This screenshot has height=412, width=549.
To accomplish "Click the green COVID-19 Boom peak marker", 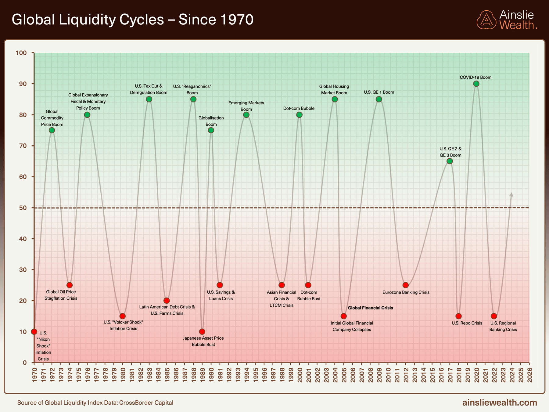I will click(x=476, y=84).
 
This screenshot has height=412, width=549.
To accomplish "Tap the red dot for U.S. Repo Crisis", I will click(x=458, y=316).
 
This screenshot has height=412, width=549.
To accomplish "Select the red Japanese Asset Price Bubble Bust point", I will click(x=202, y=332).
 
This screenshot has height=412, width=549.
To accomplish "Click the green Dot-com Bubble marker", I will click(x=299, y=115).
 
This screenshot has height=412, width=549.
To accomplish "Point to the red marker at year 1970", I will click(x=34, y=332).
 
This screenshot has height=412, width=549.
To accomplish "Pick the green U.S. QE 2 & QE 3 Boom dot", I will click(x=450, y=161).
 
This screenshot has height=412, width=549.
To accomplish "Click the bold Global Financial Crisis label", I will click(x=370, y=308).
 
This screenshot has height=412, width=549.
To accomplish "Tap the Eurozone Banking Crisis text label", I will click(x=406, y=292).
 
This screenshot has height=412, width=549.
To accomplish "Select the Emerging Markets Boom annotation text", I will click(x=246, y=106).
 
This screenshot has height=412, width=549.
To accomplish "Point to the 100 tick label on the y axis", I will click(x=21, y=53).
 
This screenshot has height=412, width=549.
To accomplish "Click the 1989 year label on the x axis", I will click(x=202, y=375).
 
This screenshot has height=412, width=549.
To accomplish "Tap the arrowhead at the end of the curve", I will click(x=511, y=194).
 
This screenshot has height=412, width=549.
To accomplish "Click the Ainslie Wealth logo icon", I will click(x=486, y=20).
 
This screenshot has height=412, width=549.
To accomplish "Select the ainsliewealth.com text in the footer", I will click(x=500, y=403).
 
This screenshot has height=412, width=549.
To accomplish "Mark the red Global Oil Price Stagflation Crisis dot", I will click(x=70, y=285).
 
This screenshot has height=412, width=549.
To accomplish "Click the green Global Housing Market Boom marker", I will click(x=335, y=99).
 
